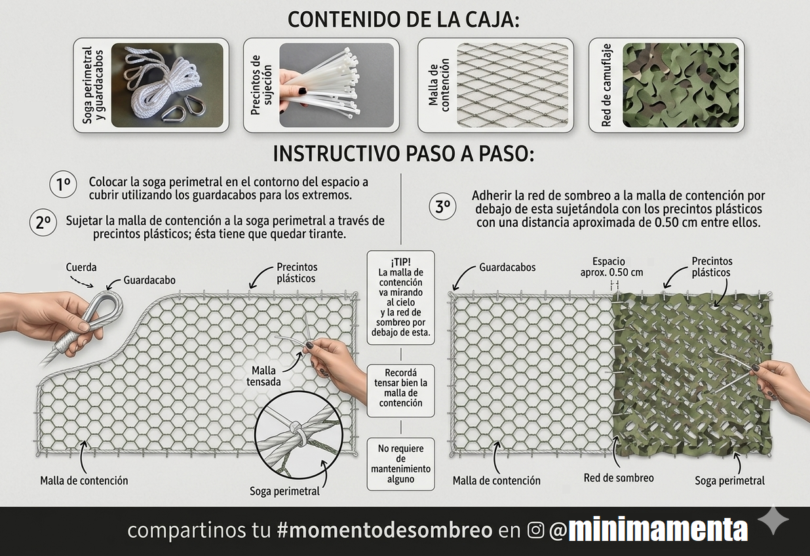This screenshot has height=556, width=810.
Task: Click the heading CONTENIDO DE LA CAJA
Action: (403, 20)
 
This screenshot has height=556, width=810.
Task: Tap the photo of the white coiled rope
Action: (167, 85)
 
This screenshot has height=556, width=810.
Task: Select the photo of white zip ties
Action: (337, 85)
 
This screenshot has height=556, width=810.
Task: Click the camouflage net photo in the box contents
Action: (680, 85)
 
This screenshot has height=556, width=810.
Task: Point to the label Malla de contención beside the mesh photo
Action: (438, 85)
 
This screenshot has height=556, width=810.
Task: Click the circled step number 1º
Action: (63, 185)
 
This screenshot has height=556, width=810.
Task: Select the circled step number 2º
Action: (43, 223)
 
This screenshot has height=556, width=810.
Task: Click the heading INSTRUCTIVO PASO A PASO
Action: (403, 155)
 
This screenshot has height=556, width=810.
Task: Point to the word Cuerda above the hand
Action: (81, 268)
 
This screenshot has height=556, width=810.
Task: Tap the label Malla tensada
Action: (263, 376)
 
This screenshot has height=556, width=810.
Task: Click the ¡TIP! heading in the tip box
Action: (400, 262)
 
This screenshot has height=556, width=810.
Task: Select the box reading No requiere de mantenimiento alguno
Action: (400, 464)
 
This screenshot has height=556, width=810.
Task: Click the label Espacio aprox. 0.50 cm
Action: (611, 267)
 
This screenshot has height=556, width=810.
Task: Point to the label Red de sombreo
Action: (619, 478)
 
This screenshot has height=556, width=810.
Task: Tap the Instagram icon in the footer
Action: (536, 530)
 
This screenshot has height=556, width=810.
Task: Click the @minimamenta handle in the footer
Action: (648, 530)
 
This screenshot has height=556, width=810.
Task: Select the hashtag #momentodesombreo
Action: (385, 530)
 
